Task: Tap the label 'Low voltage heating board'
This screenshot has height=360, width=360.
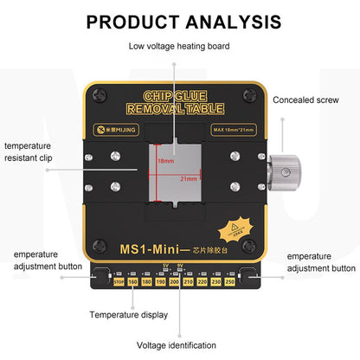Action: [179, 46]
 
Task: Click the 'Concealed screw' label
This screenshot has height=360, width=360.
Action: [306, 100]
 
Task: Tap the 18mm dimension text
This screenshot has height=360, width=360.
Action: [164, 161]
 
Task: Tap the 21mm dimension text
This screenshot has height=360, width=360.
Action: [188, 178]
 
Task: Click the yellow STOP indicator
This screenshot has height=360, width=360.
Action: [119, 281]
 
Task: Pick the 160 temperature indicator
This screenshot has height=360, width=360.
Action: [132, 281]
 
